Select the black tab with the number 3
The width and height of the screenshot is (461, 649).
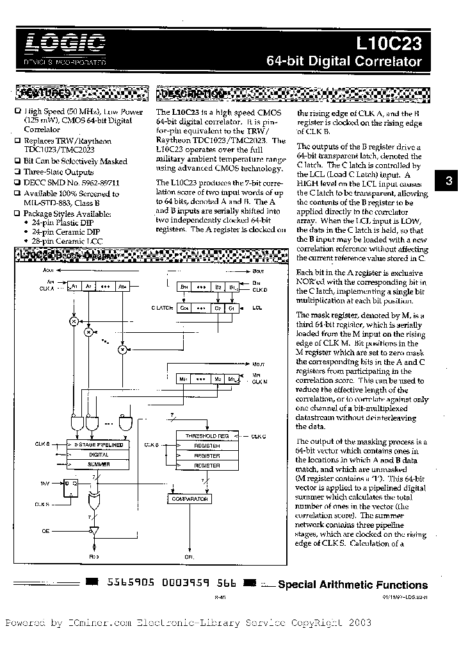(x=449, y=181)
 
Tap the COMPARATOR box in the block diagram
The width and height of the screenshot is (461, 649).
(x=190, y=498)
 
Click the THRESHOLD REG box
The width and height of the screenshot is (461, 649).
(x=207, y=435)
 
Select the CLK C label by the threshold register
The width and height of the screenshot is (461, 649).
(x=259, y=436)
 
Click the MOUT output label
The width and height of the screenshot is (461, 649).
(x=257, y=363)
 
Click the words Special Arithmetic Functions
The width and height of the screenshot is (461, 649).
(x=352, y=585)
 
